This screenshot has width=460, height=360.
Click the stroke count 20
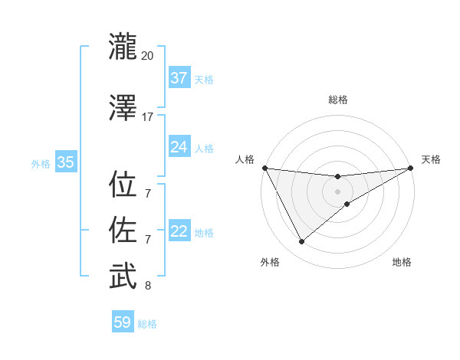[x=147, y=56]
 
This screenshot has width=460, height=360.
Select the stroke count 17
[x=147, y=117]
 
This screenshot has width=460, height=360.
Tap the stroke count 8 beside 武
[x=147, y=286]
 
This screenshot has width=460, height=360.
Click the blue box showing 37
[x=179, y=77]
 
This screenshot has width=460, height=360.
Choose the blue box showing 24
[x=179, y=147]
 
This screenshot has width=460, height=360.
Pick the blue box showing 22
[x=179, y=231]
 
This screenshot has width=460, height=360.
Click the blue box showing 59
[x=122, y=322]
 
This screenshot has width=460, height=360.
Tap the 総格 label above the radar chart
[x=337, y=100]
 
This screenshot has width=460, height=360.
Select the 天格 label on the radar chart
[x=431, y=159]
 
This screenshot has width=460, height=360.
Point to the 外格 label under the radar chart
[x=270, y=262]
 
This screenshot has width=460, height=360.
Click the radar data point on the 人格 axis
[x=264, y=168]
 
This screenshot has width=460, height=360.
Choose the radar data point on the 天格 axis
[x=410, y=168]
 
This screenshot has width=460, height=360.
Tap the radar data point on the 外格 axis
[x=301, y=242]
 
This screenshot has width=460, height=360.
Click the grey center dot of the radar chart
[x=337, y=191]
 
